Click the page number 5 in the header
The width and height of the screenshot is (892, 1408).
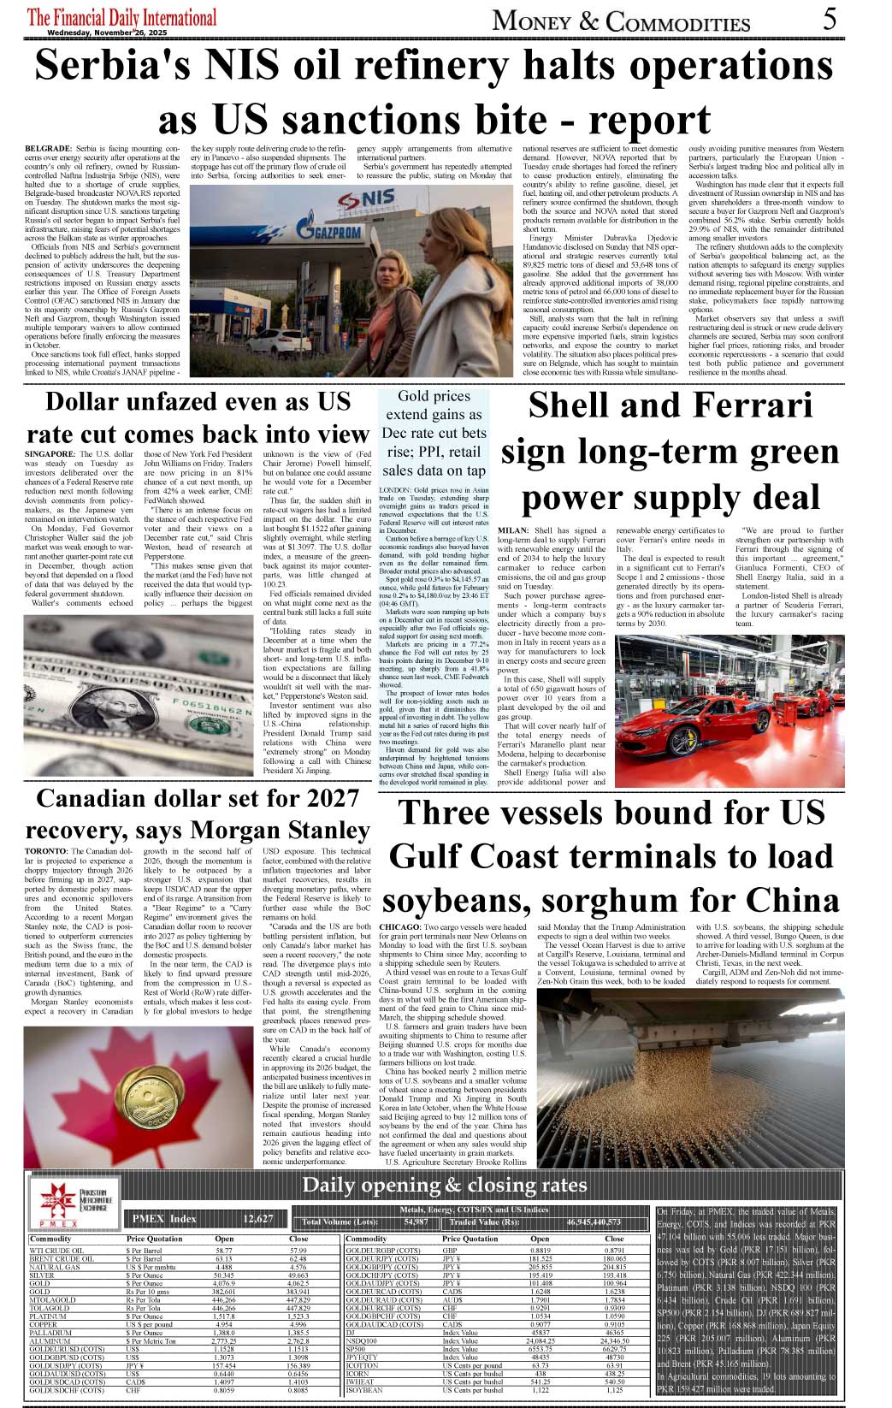pyautogui.click(x=829, y=18)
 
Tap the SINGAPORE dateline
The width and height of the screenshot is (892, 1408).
pyautogui.click(x=50, y=454)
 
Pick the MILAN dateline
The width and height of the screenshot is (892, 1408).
pyautogui.click(x=512, y=530)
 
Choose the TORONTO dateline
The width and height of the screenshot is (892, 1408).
pyautogui.click(x=46, y=851)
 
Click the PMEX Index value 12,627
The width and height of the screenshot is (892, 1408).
pyautogui.click(x=257, y=1219)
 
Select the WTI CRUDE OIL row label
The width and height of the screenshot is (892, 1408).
pyautogui.click(x=56, y=1251)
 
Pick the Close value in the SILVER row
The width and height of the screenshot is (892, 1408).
pyautogui.click(x=298, y=1275)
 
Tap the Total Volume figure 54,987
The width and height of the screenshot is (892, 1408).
pyautogui.click(x=416, y=1222)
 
